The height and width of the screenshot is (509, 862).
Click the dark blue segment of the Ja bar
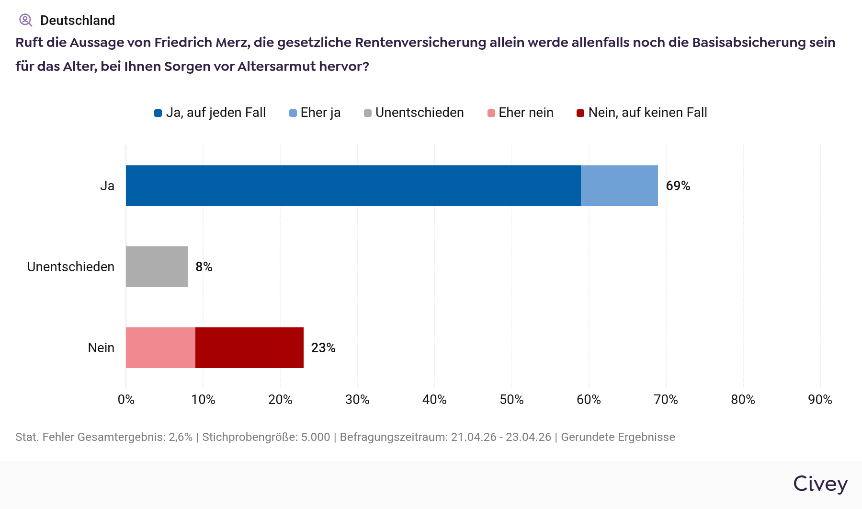(x=353, y=186)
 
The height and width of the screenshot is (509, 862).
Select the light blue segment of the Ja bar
(x=619, y=186)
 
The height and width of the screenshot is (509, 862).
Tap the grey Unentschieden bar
(x=157, y=267)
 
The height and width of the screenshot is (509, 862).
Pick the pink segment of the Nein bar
(x=160, y=348)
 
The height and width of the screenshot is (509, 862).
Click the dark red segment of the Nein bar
(x=250, y=348)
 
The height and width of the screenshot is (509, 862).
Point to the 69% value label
(x=678, y=186)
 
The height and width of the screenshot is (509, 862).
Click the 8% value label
(x=204, y=267)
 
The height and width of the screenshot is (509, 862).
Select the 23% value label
(x=323, y=348)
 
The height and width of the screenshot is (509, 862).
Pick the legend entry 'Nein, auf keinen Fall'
(x=642, y=113)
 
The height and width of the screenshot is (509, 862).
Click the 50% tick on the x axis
(x=511, y=400)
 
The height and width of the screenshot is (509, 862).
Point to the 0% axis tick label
(x=126, y=400)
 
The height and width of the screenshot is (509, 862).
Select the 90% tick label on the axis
(x=820, y=400)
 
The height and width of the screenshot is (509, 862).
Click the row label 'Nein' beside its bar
(x=101, y=348)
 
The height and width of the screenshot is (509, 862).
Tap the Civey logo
(x=820, y=484)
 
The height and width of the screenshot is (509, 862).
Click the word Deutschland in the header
(x=78, y=21)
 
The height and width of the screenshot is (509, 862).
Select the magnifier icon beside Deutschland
(x=25, y=20)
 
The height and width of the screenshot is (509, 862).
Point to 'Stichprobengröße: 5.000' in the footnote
(x=266, y=437)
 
